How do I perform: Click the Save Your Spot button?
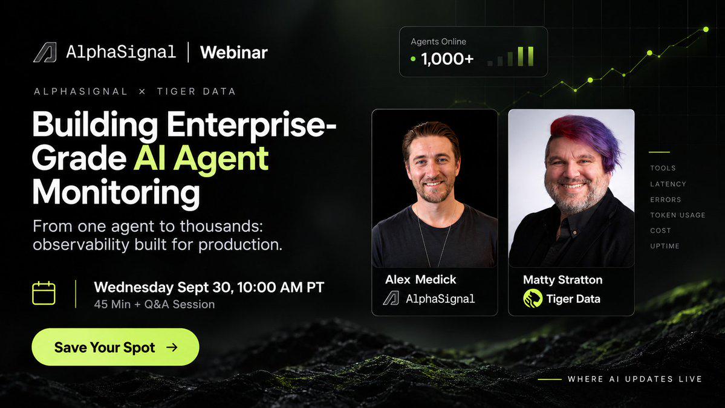[115, 347]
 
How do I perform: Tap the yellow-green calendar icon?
[44, 293]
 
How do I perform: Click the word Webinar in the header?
[233, 52]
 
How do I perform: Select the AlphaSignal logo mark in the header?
[45, 52]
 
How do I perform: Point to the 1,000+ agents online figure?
[447, 59]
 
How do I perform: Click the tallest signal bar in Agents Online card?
[531, 56]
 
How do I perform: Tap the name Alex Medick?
[420, 279]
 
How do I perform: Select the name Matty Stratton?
[562, 279]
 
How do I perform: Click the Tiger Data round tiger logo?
[533, 299]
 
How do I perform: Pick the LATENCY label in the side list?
[668, 184]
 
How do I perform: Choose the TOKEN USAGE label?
[677, 215]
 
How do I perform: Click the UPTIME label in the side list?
[665, 246]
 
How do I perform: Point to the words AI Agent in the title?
[201, 158]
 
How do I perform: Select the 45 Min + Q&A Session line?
[154, 305]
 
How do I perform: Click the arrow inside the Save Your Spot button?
[172, 348]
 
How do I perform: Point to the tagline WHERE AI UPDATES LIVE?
[635, 379]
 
